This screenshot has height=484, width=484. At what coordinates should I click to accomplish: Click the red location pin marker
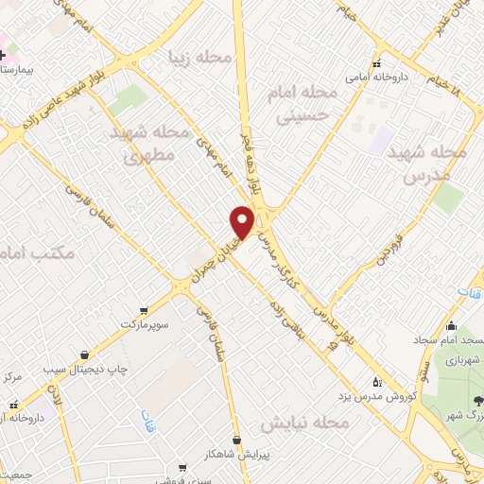click(243, 222)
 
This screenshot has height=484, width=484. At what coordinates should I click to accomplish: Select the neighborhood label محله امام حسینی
click(306, 103)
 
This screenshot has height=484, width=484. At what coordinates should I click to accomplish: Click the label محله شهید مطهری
click(158, 144)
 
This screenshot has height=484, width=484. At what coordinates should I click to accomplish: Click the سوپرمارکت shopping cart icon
click(143, 308)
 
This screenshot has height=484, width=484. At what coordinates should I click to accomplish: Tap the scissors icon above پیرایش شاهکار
click(235, 439)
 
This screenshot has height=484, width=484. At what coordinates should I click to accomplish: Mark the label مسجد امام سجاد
click(450, 339)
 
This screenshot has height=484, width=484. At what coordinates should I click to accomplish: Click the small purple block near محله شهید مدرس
click(381, 142)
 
